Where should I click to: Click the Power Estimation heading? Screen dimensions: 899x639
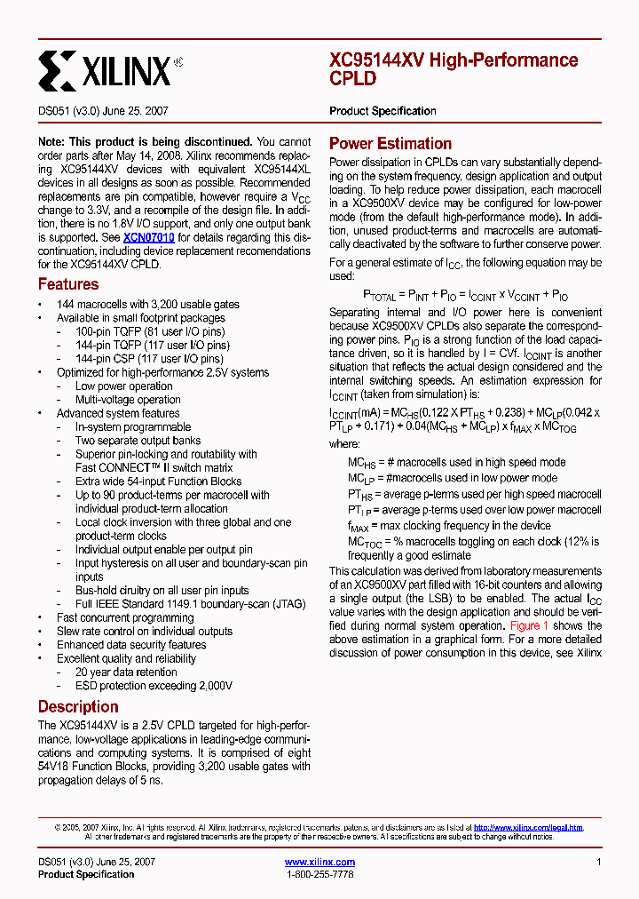(x=390, y=144)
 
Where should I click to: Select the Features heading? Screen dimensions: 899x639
(x=68, y=284)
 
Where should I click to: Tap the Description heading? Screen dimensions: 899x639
(x=78, y=707)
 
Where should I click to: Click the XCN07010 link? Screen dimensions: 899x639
(x=149, y=237)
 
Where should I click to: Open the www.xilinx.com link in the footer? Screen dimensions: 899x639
(x=319, y=862)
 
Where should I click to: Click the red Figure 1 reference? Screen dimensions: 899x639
(x=529, y=625)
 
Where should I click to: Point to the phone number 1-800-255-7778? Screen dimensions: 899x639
(x=319, y=874)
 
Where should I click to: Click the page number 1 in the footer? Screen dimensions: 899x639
(x=599, y=862)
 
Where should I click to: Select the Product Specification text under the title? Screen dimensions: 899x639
(x=383, y=111)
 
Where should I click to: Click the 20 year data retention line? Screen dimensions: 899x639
(x=126, y=672)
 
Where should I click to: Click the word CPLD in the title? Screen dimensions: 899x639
(x=353, y=79)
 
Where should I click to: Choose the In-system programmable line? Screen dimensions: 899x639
(x=133, y=427)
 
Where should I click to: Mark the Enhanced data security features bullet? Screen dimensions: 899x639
(x=131, y=645)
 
